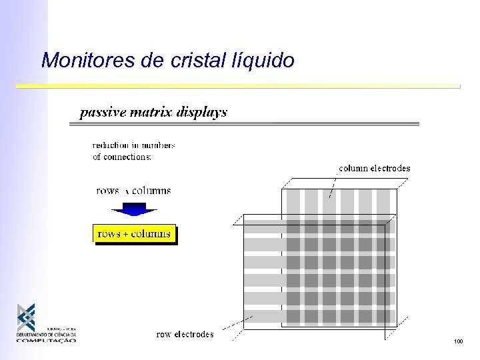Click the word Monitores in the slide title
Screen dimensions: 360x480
81,61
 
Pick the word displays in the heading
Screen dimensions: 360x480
202,113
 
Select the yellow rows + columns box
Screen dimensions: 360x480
134,234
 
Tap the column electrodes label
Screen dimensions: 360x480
374,169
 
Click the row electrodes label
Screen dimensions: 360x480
185,334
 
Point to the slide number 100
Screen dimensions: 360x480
457,341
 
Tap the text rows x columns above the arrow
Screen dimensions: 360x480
133,191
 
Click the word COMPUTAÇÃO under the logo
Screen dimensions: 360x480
46,340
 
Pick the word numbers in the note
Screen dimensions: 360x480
159,145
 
